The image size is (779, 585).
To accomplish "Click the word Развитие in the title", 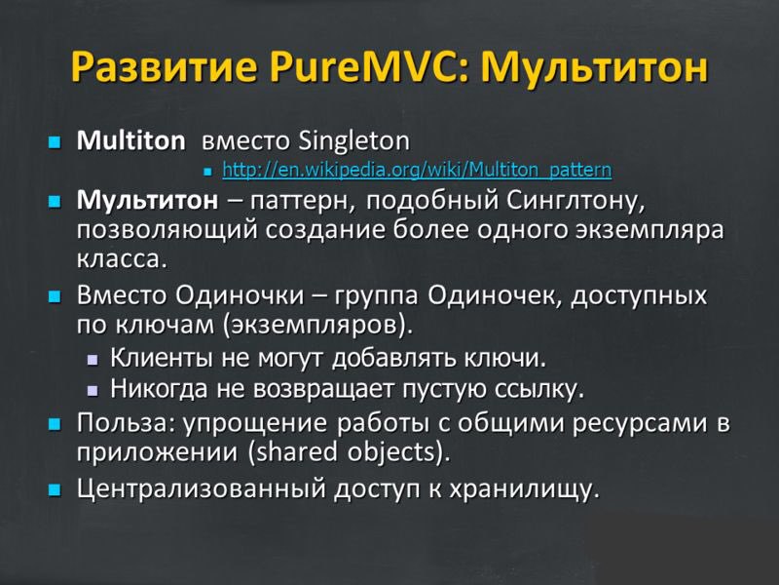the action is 164,67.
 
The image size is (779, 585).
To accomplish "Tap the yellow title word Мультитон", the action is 594,67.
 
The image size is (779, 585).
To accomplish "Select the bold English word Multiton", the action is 130,140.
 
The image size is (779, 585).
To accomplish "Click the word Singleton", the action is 354,141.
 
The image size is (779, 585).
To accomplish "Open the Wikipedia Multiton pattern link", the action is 417,170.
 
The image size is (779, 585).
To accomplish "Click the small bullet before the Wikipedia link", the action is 207,172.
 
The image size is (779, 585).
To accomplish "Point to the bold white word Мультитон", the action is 147,201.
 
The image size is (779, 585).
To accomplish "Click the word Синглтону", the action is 576,202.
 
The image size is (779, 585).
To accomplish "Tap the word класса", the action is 122,259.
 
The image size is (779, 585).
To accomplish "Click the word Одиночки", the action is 240,295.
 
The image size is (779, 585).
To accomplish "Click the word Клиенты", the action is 163,358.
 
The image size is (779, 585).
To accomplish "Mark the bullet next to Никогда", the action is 93,391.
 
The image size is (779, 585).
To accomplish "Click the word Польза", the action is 127,423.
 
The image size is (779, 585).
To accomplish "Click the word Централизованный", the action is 202,489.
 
